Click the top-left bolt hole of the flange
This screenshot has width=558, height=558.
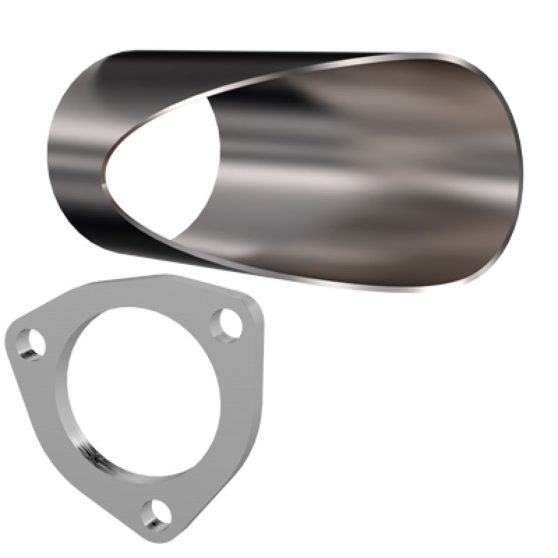tap(32, 345)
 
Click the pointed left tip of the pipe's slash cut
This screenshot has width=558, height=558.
tap(105, 186)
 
